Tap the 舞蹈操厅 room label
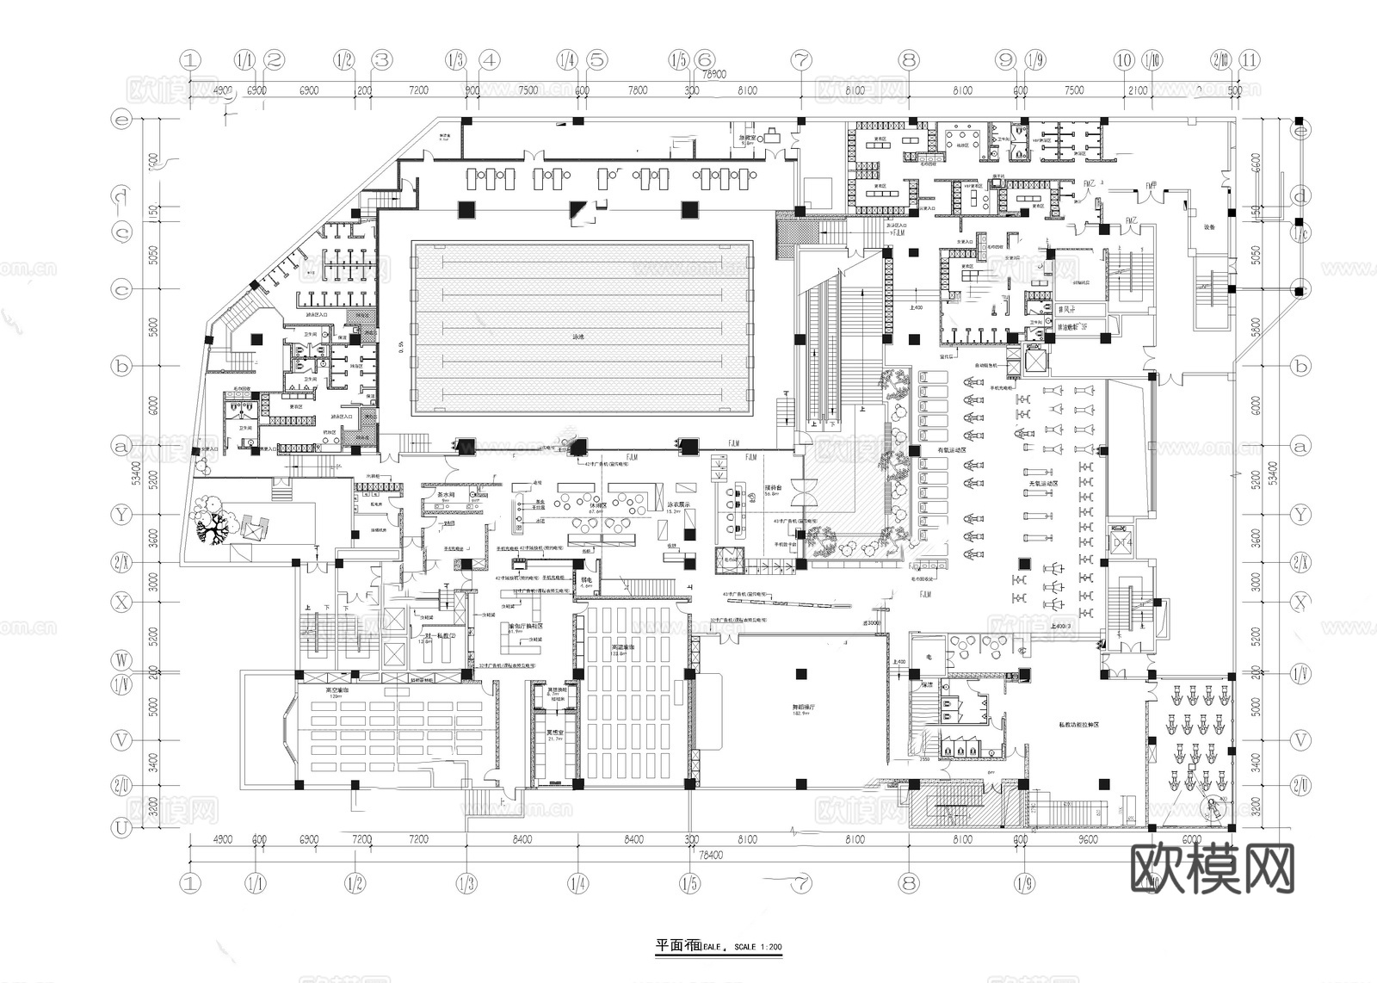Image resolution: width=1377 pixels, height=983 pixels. pyautogui.click(x=802, y=708)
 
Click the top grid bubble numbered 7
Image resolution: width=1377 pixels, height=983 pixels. pyautogui.click(x=801, y=60)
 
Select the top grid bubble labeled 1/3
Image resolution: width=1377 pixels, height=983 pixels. pyautogui.click(x=455, y=60)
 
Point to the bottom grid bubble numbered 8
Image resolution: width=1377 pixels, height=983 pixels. pyautogui.click(x=909, y=882)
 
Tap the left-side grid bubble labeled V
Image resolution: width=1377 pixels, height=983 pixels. pyautogui.click(x=123, y=739)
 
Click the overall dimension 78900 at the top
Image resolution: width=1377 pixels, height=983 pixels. pyautogui.click(x=710, y=75)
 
